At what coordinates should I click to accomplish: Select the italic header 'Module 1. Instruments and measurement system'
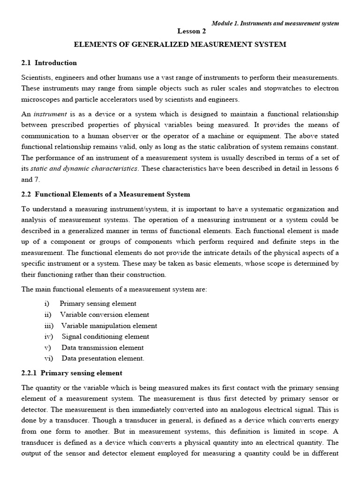pyautogui.click(x=275, y=23)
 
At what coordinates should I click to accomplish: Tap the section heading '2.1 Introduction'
pyautogui.click(x=49, y=63)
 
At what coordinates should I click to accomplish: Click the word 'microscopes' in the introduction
pyautogui.click(x=39, y=99)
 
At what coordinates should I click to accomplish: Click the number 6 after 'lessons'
pyautogui.click(x=336, y=168)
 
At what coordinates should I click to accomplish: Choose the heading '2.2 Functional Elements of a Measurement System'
pyautogui.click(x=106, y=194)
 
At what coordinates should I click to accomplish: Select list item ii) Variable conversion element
pyautogui.click(x=105, y=315)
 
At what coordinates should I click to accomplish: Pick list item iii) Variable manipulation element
pyautogui.click(x=109, y=326)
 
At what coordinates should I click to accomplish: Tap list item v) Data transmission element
pyautogui.click(x=103, y=347)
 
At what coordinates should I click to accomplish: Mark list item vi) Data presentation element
pyautogui.click(x=103, y=359)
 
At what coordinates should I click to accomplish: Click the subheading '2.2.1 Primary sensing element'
pyautogui.click(x=72, y=373)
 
